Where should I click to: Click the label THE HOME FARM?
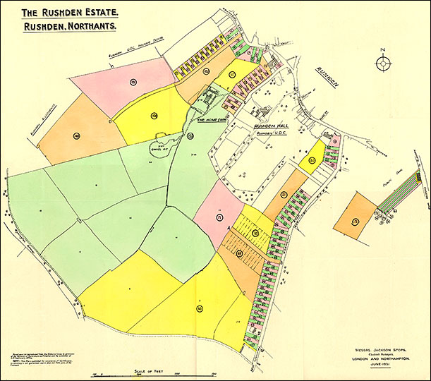point(211,120)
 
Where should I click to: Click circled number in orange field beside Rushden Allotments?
point(76,135)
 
